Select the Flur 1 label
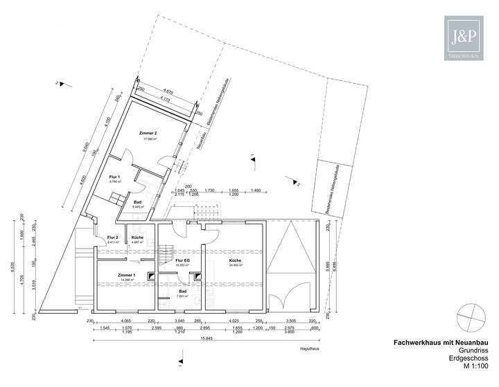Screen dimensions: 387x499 tap(114, 177)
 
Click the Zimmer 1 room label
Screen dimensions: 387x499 tap(126, 275)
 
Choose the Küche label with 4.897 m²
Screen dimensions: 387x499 tap(137, 237)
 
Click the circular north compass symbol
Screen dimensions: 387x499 tap(471, 316)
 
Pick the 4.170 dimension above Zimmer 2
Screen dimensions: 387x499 tap(164, 99)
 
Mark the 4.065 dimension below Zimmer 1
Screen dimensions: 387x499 tap(126, 321)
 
